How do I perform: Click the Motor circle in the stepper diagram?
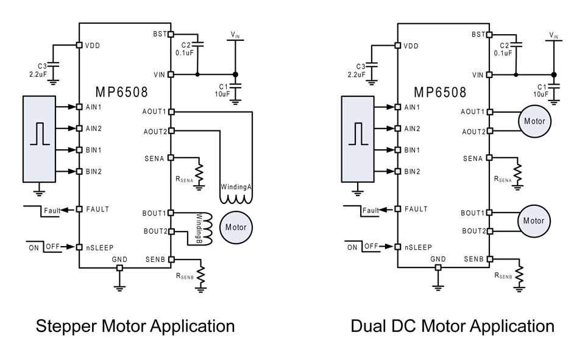[236, 227]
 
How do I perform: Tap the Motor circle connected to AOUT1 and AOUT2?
[533, 121]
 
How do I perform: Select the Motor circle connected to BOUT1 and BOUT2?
[533, 221]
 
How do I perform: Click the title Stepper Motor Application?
[135, 326]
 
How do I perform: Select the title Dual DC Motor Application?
[452, 326]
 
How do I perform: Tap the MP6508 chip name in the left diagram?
[122, 92]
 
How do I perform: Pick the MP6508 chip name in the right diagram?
[440, 92]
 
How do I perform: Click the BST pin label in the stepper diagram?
[159, 34]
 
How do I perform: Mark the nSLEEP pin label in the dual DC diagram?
[417, 247]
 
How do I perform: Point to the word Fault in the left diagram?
[52, 211]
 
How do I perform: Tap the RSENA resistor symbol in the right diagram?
[519, 173]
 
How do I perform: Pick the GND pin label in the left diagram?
[119, 259]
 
